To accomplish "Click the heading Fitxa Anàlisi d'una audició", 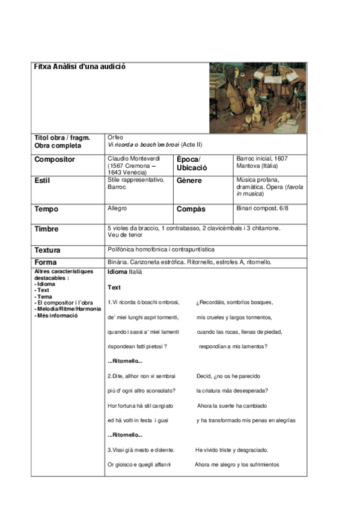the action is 80,67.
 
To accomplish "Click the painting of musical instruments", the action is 257,98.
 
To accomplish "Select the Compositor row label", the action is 55,159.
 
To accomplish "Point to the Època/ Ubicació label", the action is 192,163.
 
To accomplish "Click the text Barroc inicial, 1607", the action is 263,158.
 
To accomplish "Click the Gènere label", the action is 189,180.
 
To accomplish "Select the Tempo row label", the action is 46,209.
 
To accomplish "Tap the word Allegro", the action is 117,208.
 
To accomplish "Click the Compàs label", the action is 191,209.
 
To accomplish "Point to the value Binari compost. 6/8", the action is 263,208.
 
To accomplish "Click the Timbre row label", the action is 47,229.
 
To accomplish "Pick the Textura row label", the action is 47,250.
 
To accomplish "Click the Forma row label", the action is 46,263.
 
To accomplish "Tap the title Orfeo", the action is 115,138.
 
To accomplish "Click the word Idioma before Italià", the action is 117,272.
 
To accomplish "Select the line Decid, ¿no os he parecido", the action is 228,376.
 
